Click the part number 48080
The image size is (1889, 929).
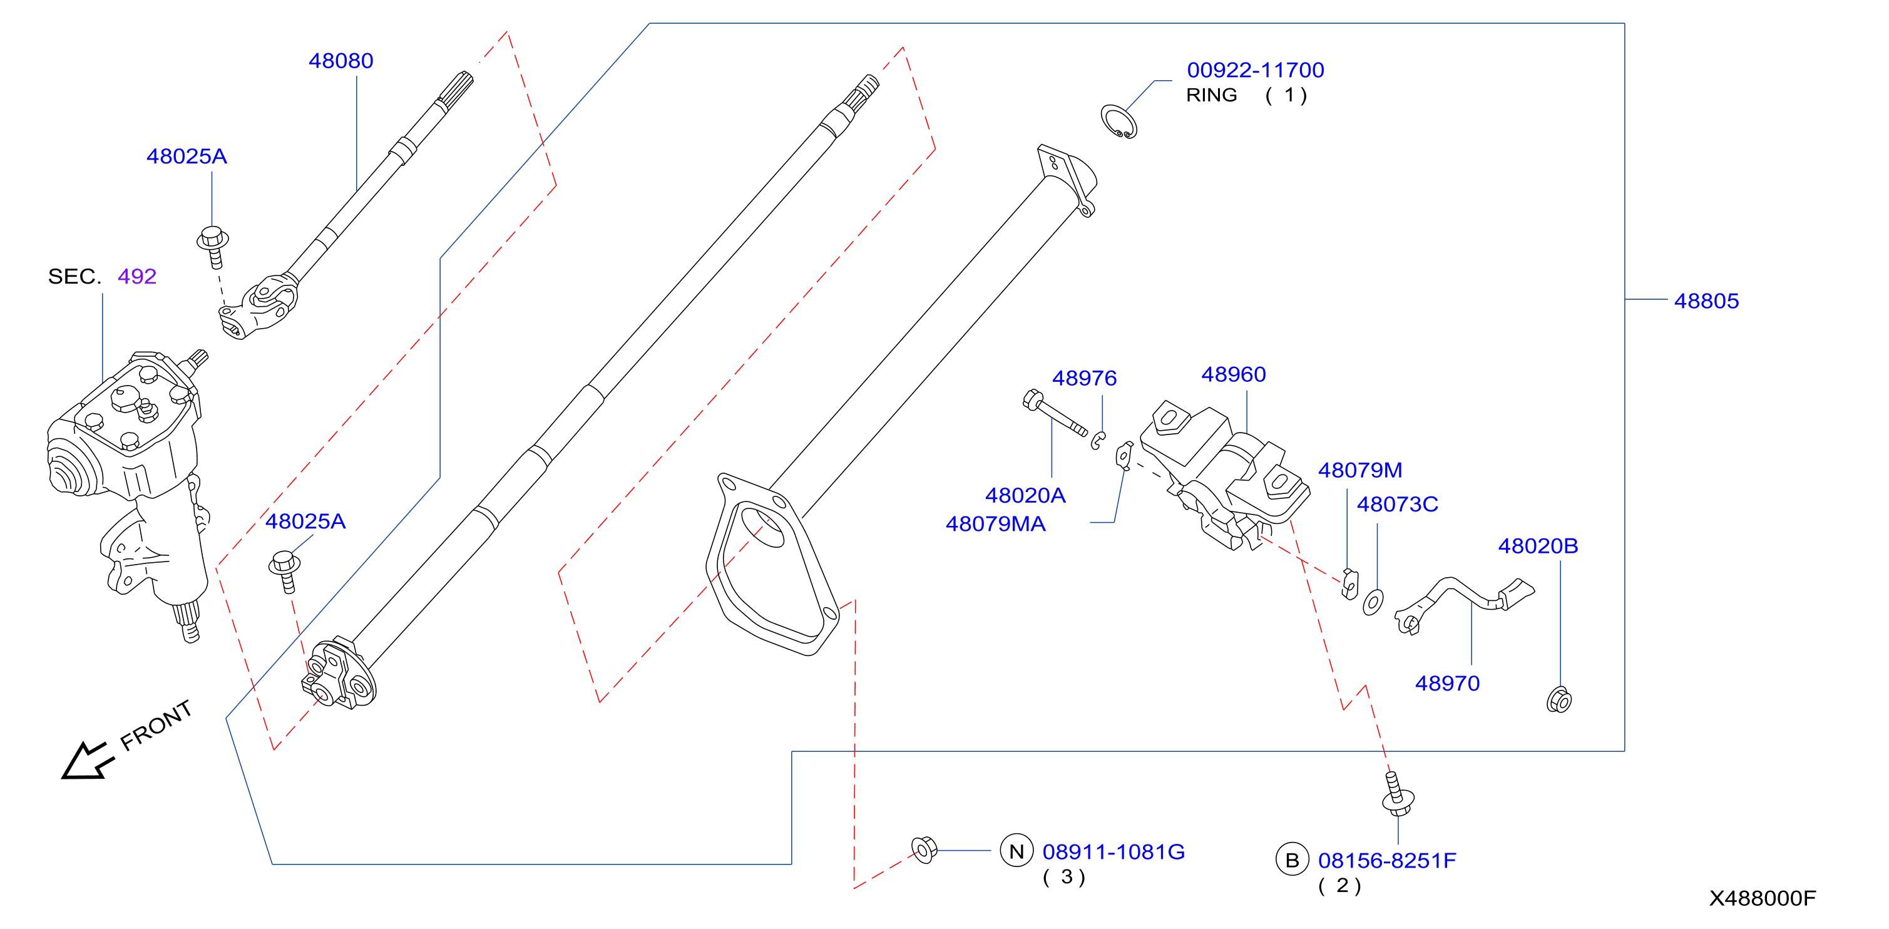pyautogui.click(x=341, y=61)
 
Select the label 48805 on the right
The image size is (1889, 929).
pyautogui.click(x=1706, y=300)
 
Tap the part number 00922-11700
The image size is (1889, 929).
pyautogui.click(x=1256, y=70)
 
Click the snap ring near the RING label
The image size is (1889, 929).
pyautogui.click(x=1119, y=121)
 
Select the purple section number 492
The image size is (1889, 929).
pyautogui.click(x=137, y=277)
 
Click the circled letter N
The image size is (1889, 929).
pyautogui.click(x=1016, y=851)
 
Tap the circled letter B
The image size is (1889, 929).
pyautogui.click(x=1292, y=860)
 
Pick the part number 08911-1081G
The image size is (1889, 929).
pyautogui.click(x=1113, y=852)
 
